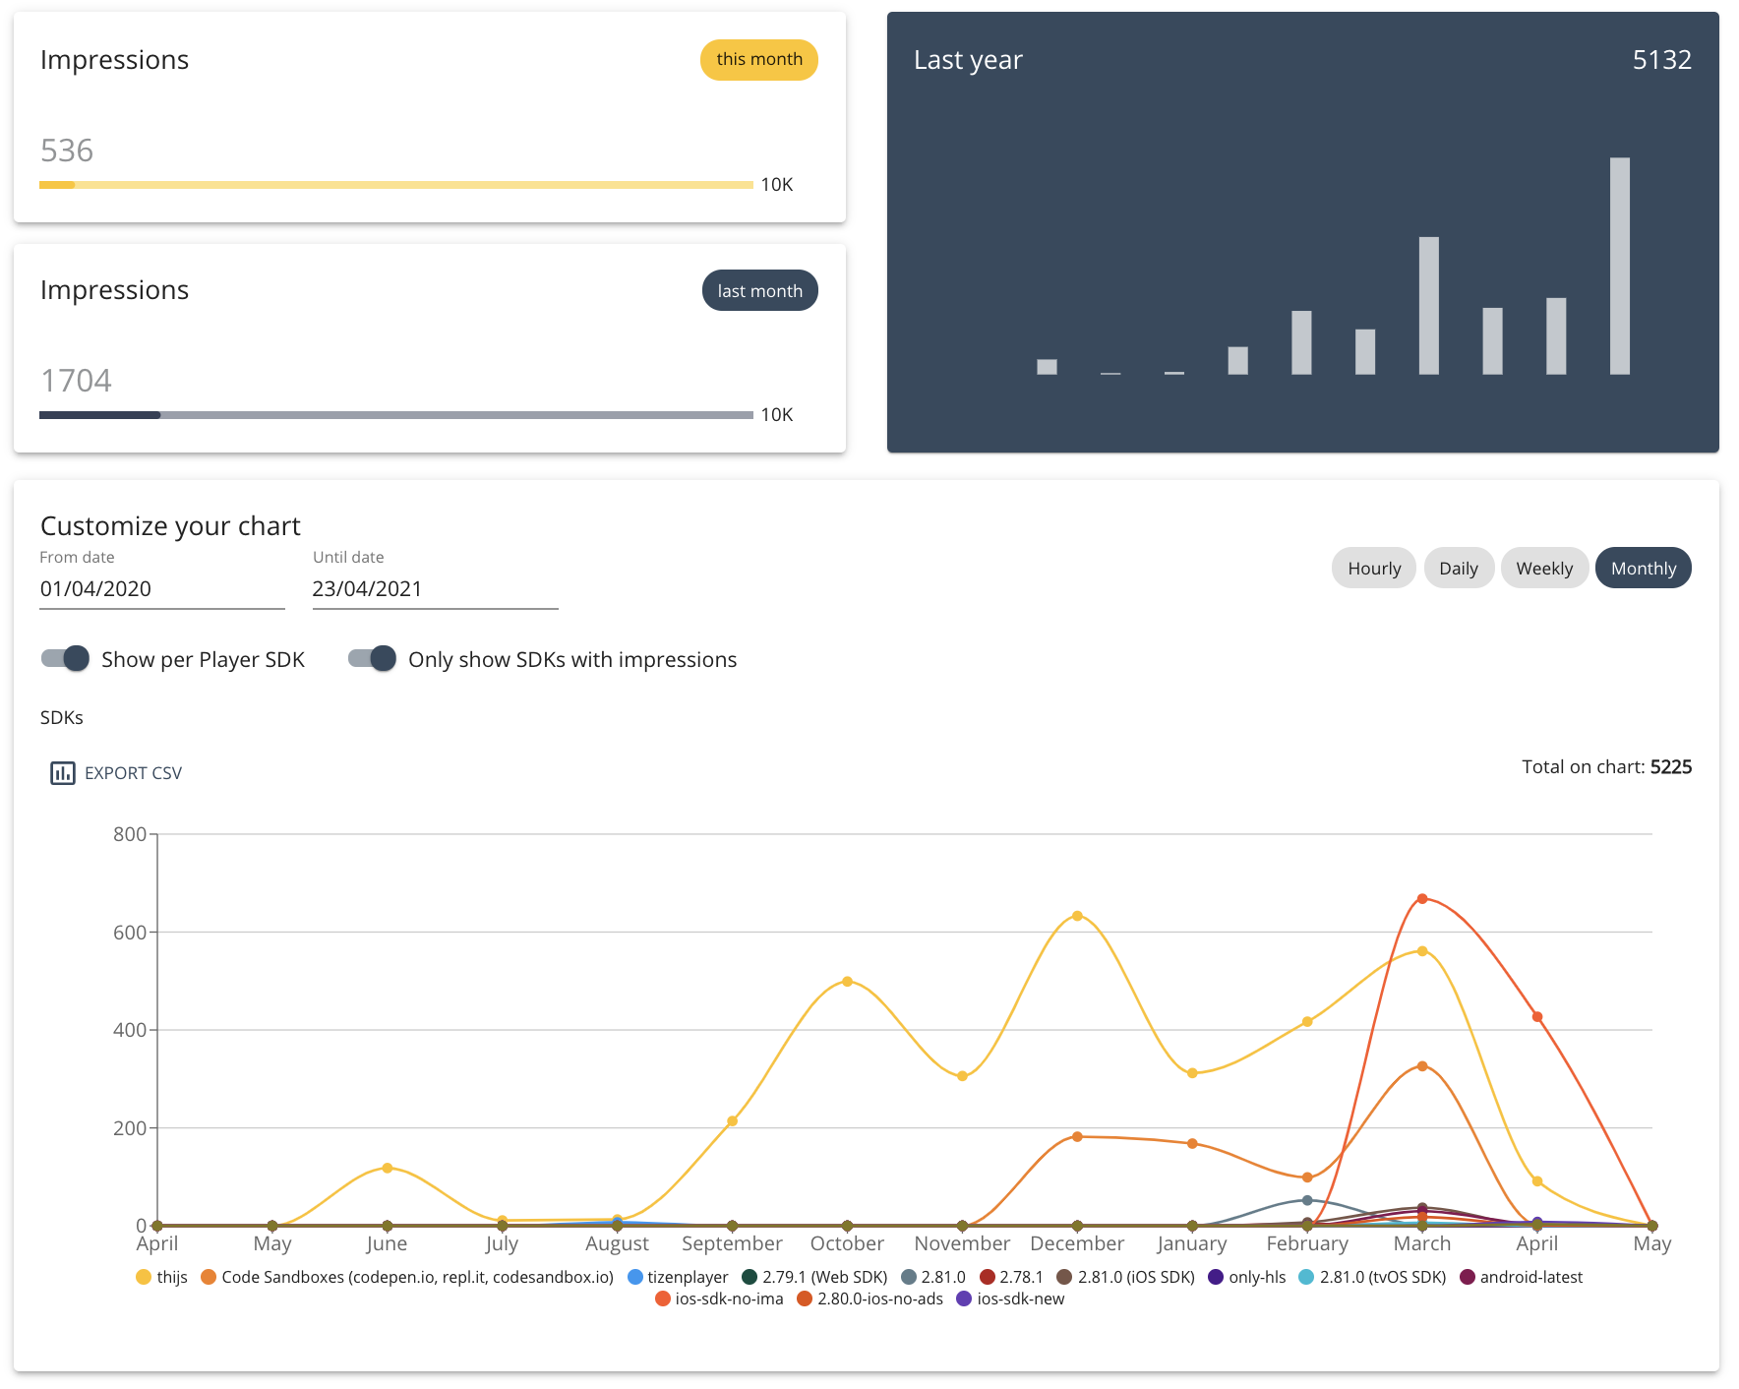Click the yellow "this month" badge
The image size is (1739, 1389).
[x=758, y=60]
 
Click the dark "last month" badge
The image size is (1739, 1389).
[x=759, y=291]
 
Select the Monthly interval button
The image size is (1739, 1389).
[x=1643, y=569]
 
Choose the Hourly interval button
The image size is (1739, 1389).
[x=1373, y=569]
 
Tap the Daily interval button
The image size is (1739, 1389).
[x=1458, y=569]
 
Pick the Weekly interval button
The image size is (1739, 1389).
[x=1543, y=569]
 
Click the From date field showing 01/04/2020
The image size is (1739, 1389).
[x=161, y=589]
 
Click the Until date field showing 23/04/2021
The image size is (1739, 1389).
[x=434, y=589]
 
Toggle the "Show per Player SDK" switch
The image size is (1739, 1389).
[x=66, y=659]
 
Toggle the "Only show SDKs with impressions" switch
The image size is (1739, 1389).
[x=373, y=659]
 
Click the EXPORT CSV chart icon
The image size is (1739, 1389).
[x=63, y=773]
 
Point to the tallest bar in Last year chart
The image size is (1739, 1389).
[x=1619, y=266]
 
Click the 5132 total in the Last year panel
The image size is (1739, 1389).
[x=1661, y=60]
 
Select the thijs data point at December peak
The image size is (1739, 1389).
[x=1077, y=916]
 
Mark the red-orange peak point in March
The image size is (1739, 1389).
[x=1422, y=899]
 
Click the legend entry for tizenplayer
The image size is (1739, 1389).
[x=679, y=1277]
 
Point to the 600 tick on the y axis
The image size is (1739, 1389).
[x=130, y=933]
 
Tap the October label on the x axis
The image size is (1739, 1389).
[x=847, y=1243]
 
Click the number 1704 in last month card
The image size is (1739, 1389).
[x=76, y=381]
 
